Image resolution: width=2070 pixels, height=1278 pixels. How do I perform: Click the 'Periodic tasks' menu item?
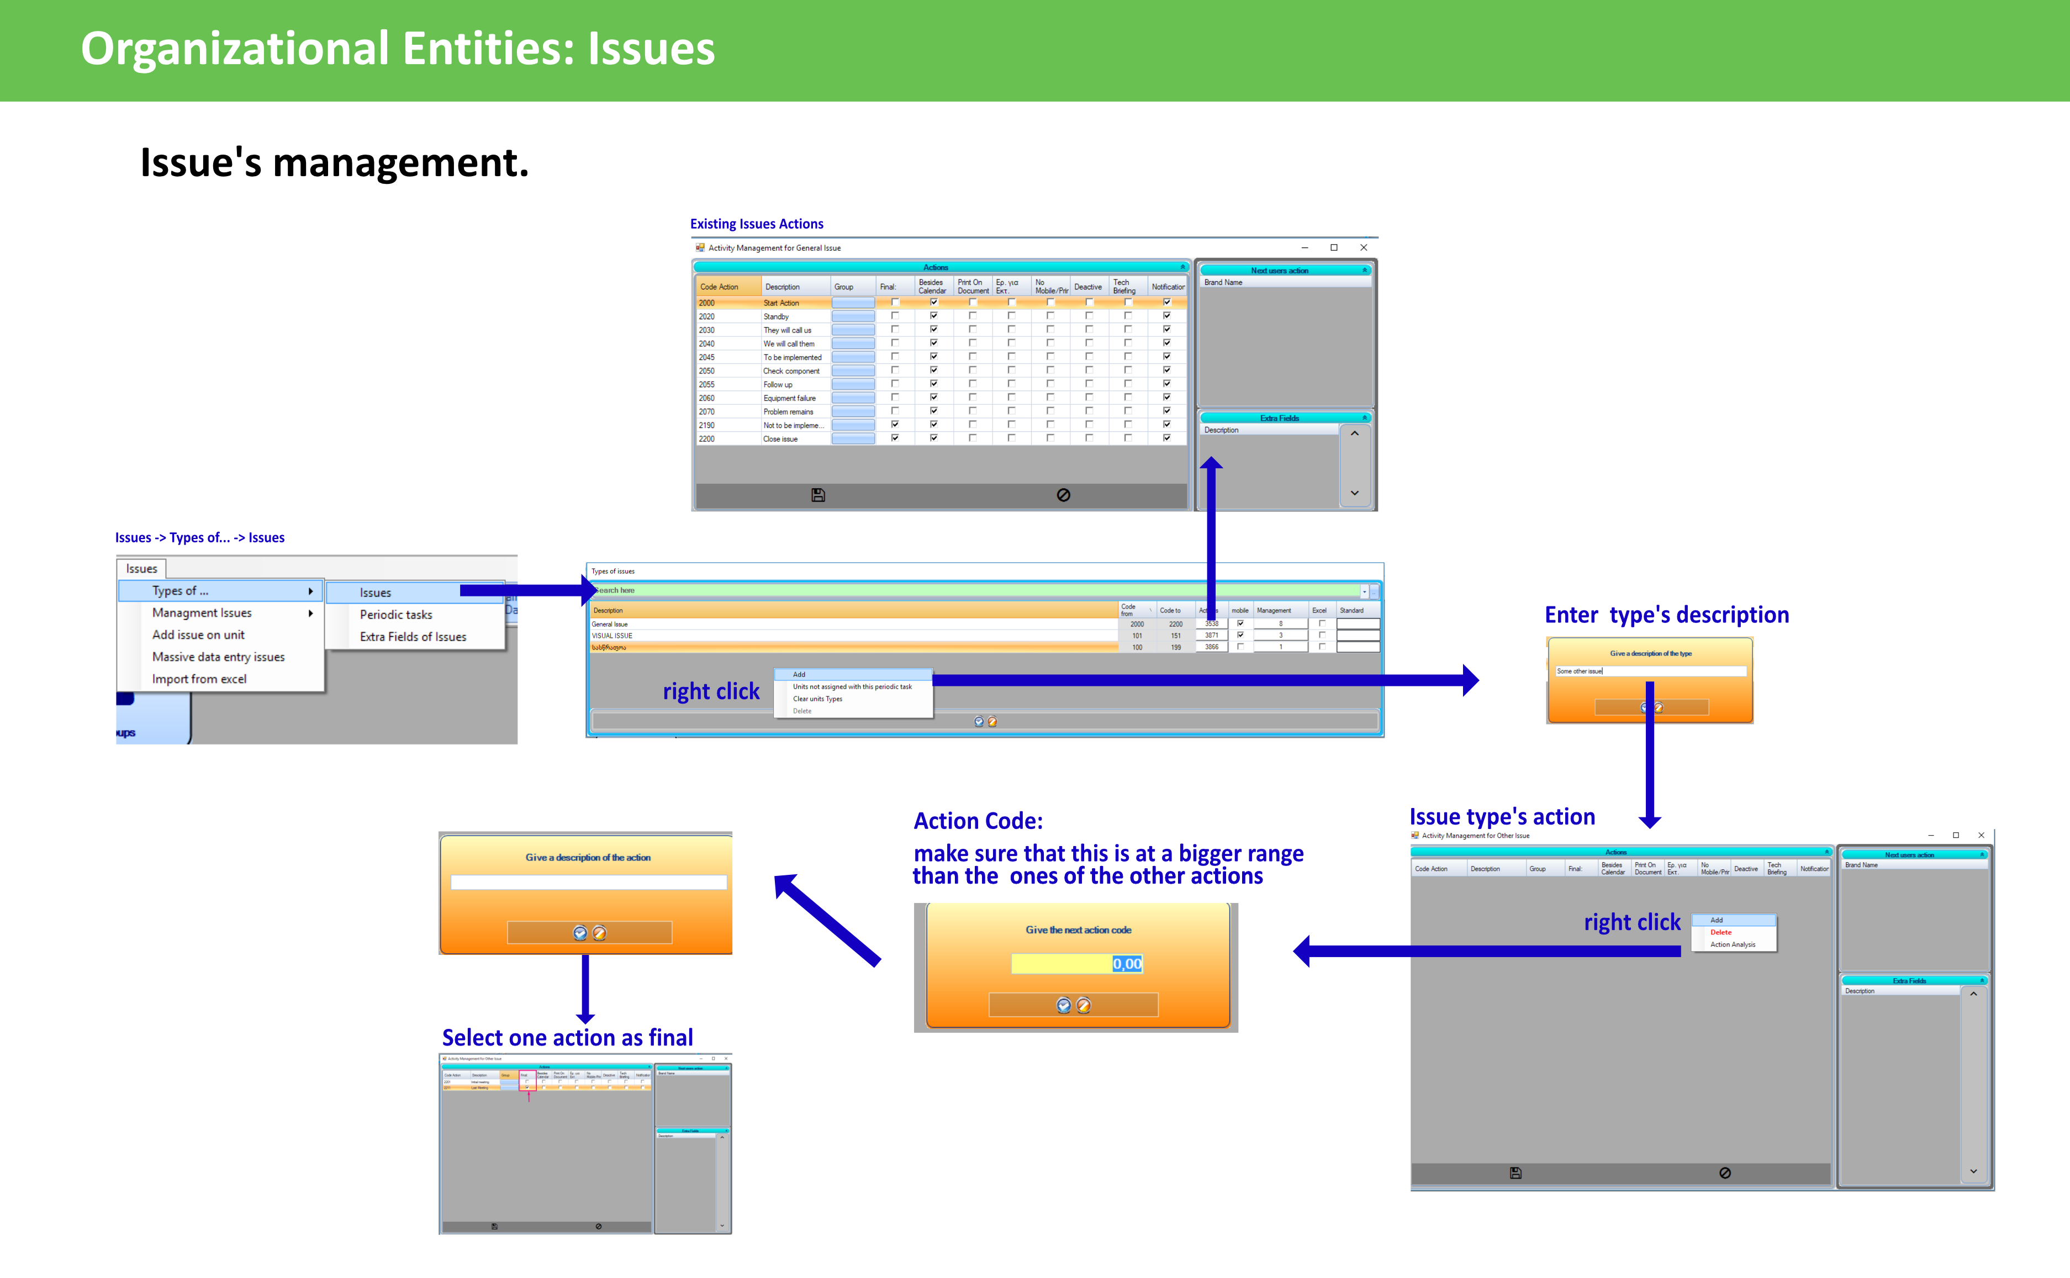pos(395,615)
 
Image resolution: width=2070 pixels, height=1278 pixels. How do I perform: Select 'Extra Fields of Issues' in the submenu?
pos(413,636)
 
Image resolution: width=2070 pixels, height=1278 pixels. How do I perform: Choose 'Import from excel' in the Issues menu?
pos(199,679)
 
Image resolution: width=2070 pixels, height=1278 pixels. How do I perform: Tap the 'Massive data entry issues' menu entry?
pos(218,657)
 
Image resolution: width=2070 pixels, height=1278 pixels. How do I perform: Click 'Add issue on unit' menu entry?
pos(198,635)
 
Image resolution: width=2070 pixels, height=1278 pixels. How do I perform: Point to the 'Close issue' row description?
pos(780,439)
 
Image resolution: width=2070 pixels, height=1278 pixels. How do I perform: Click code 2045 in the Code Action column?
pos(706,357)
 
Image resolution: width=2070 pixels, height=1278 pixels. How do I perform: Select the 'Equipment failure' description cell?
pos(789,398)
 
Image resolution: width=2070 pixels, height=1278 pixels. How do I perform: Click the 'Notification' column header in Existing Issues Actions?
pos(1168,287)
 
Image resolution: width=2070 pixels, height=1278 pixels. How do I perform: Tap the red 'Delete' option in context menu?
pos(1721,932)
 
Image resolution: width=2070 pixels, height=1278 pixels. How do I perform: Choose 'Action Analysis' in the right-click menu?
pos(1733,945)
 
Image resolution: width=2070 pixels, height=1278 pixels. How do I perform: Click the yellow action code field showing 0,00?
pos(1076,964)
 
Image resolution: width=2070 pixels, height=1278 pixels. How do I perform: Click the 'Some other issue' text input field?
pos(1650,671)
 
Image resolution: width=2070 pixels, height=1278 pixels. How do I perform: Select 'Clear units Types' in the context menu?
pos(817,699)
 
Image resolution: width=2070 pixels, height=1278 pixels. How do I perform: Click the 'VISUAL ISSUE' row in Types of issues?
pos(612,636)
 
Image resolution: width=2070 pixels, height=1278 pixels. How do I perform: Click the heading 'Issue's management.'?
pos(334,162)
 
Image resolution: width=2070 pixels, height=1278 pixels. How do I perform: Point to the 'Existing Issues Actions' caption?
pos(757,224)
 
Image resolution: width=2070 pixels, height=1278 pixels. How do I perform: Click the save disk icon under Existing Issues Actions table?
pos(817,495)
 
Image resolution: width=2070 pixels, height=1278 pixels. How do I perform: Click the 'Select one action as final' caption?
pos(567,1037)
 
